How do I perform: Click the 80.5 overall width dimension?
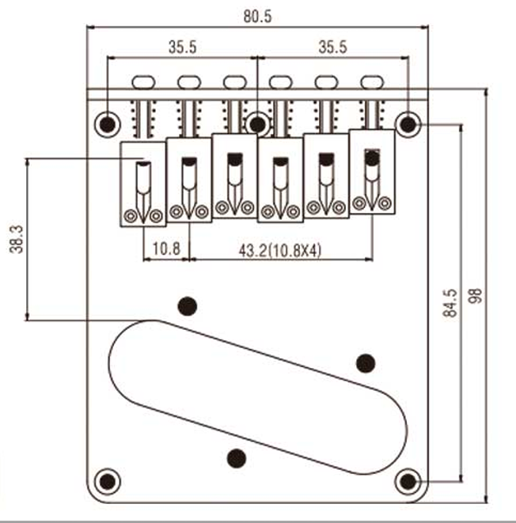coord(257,17)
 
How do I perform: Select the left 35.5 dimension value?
coord(183,47)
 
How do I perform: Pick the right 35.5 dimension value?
coord(332,47)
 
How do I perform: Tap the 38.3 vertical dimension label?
coord(17,239)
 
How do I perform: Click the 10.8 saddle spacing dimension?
coord(166,248)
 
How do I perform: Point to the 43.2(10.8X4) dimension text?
coord(280,250)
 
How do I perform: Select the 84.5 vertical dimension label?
coord(450,303)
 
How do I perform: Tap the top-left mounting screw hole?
coord(108,125)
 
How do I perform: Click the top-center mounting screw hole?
coord(257,124)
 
